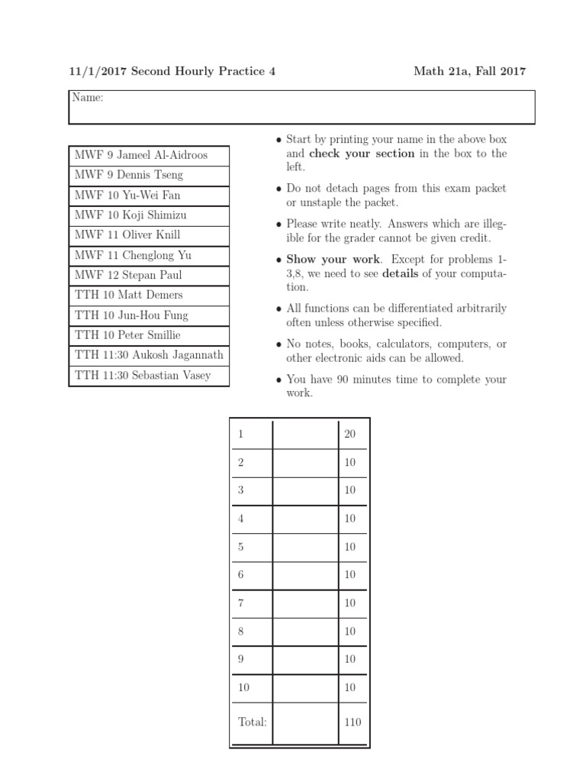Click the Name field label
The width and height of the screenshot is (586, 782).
click(x=87, y=98)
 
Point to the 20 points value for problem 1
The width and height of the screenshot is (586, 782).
click(x=350, y=434)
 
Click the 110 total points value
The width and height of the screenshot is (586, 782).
click(x=353, y=722)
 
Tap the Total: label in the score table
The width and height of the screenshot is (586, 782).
click(x=252, y=722)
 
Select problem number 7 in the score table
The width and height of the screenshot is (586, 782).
click(x=241, y=603)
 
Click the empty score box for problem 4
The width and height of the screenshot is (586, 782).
click(x=305, y=519)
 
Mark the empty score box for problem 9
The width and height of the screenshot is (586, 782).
click(x=305, y=659)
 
